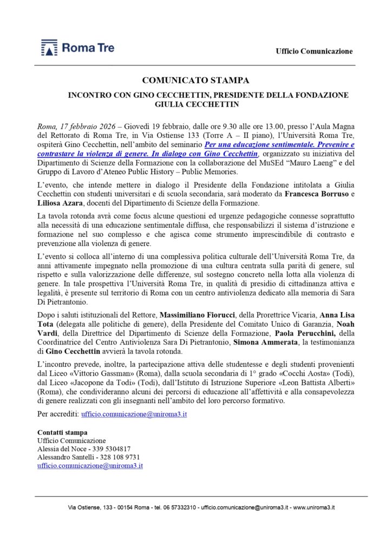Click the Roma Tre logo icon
tap(49, 48)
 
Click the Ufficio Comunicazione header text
tap(314, 51)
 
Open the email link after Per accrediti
tap(134, 414)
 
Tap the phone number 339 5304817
tap(111, 449)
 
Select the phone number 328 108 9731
tap(116, 457)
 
